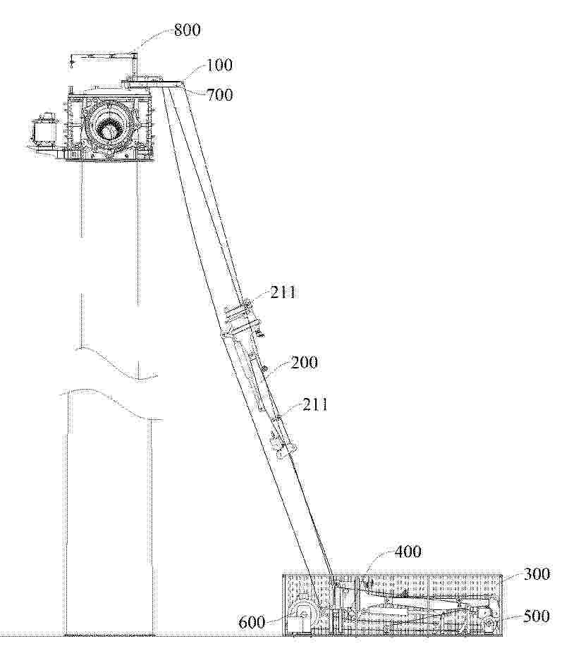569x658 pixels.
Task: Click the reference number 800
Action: coord(187,30)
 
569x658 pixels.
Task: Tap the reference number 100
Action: coord(219,65)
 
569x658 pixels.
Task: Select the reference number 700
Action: coord(219,94)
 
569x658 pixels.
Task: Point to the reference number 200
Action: coord(304,362)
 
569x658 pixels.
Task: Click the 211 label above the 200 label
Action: coord(283,292)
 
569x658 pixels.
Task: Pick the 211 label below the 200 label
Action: coord(314,404)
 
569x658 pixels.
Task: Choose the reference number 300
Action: coord(536,573)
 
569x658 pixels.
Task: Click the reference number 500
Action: coord(536,616)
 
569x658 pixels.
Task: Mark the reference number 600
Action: coord(252,621)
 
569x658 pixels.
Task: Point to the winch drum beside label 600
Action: coord(303,614)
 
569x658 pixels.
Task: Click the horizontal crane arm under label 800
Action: coord(104,56)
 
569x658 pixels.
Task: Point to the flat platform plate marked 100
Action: coord(154,82)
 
